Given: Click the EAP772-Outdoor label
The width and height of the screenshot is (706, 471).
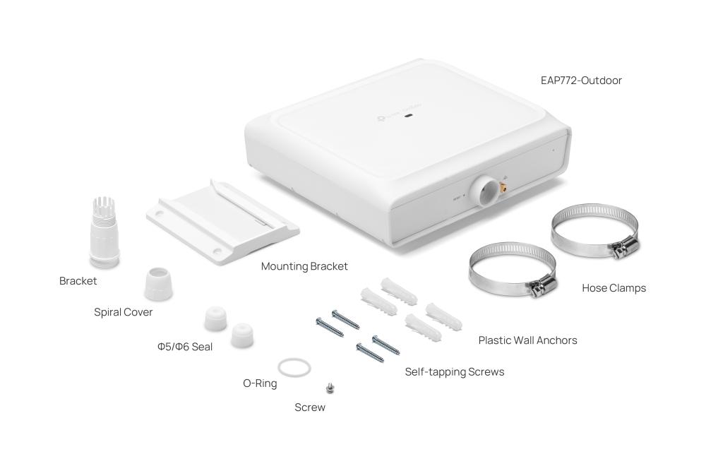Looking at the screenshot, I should tap(581, 81).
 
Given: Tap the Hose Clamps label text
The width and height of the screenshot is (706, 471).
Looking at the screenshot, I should tap(614, 288).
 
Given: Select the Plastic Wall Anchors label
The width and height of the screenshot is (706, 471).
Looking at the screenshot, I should tap(527, 340).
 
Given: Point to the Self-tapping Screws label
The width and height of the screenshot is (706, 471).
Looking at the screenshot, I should tap(454, 371).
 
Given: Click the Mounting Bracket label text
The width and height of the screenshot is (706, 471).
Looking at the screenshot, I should tap(304, 266).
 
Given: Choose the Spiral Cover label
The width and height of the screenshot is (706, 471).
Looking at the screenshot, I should tap(123, 312).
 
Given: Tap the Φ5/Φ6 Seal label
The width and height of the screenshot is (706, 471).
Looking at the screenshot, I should tap(184, 347).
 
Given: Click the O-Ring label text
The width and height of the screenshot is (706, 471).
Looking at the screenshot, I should tap(260, 384).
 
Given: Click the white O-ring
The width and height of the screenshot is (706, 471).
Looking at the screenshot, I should tap(293, 367).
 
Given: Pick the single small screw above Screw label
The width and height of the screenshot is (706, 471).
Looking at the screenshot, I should tap(329, 387).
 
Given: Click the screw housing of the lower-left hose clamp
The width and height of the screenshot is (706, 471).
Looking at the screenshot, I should tap(542, 287).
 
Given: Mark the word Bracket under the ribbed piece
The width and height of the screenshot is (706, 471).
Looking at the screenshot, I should tap(78, 281).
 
